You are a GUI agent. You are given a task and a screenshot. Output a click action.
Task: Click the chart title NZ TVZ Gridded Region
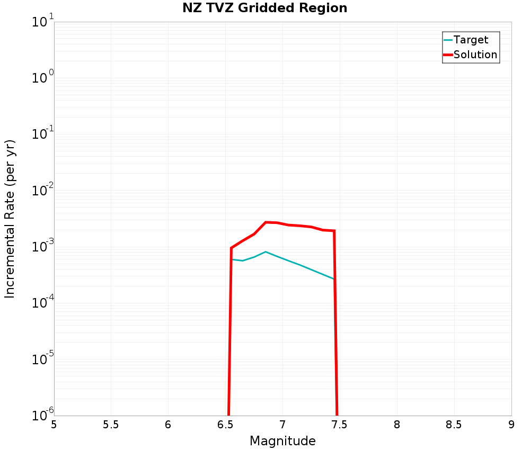(x=264, y=8)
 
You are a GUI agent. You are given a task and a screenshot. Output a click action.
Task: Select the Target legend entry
(x=471, y=40)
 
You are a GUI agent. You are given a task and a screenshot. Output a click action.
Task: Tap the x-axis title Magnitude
(x=282, y=441)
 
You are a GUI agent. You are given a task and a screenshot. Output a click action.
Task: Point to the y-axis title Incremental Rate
(x=10, y=219)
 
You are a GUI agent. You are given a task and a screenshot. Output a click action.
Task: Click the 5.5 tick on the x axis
(x=111, y=425)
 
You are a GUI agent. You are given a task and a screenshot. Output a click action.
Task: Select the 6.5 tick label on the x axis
(x=225, y=425)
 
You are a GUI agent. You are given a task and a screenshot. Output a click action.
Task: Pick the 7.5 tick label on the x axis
(x=340, y=425)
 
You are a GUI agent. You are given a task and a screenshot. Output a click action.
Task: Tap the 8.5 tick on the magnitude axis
(x=454, y=425)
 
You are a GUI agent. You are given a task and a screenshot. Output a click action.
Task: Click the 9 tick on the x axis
(x=511, y=425)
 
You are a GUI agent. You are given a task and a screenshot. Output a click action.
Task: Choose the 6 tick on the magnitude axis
(x=168, y=425)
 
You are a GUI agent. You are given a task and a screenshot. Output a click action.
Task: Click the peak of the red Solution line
(x=266, y=222)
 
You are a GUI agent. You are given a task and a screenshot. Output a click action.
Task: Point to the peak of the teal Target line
(x=266, y=252)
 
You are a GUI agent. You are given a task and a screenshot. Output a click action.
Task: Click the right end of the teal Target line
(x=334, y=279)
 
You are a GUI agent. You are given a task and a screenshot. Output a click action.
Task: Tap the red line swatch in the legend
(x=448, y=55)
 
